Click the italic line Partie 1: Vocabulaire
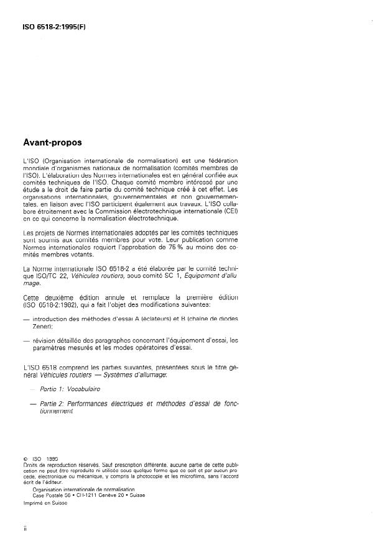click(x=67, y=388)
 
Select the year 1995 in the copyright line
click(x=52, y=460)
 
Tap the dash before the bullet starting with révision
click(x=26, y=340)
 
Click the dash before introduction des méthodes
click(x=26, y=319)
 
